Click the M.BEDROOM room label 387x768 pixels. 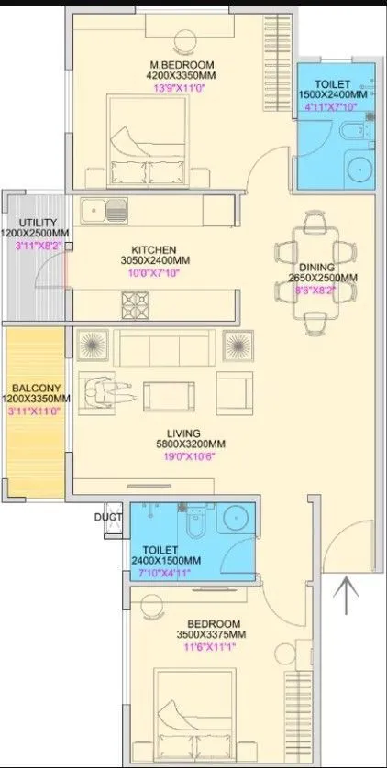click(182, 64)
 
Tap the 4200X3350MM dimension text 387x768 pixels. click(182, 76)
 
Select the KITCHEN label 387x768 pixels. click(153, 249)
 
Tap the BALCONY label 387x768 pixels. click(36, 388)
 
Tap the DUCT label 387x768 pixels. click(106, 516)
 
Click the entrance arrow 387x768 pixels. click(347, 596)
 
